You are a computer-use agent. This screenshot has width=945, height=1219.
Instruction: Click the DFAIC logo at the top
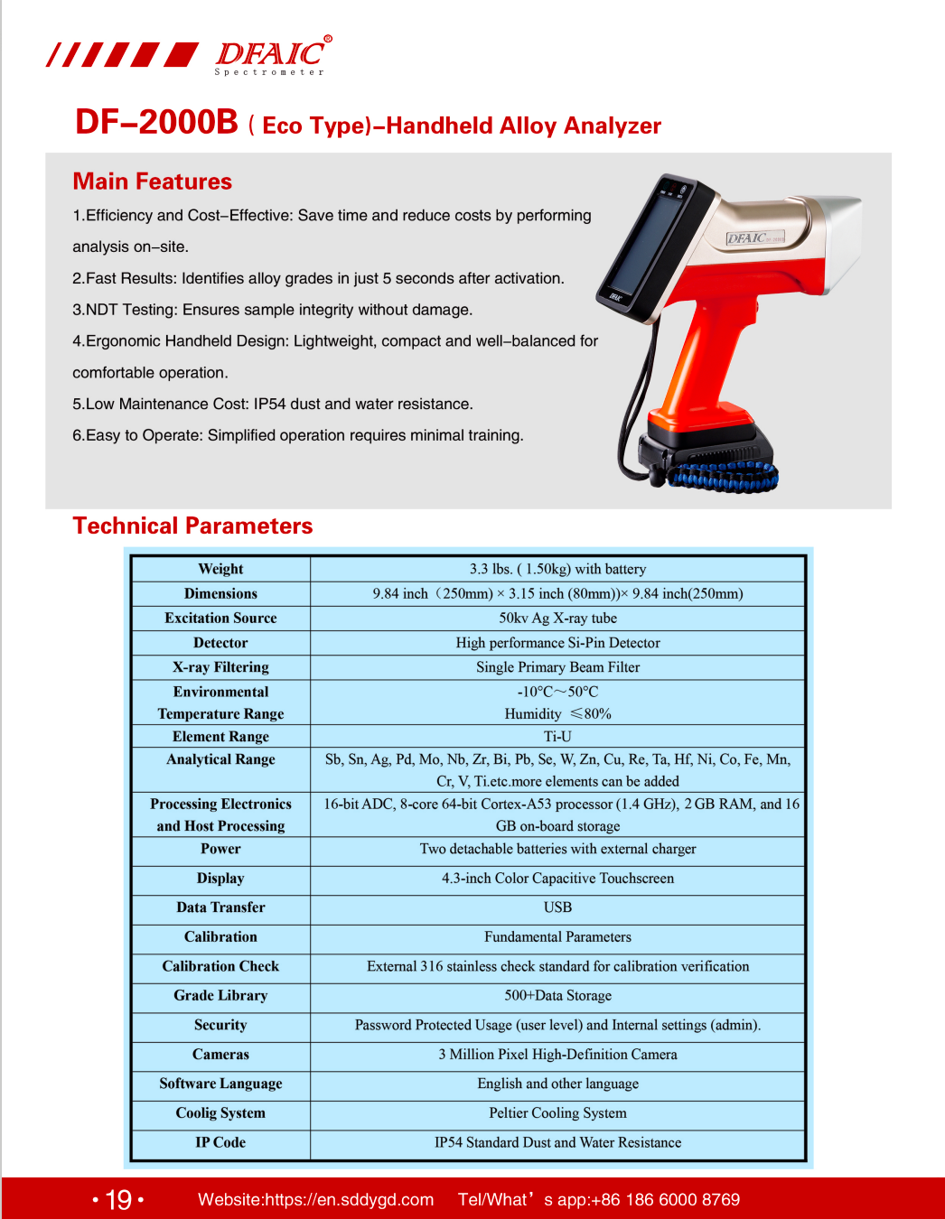271,55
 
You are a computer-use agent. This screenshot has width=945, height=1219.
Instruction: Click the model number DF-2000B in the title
156,123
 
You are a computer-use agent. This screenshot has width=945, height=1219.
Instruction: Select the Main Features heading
153,181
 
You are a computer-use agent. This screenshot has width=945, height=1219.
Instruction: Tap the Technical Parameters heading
192,526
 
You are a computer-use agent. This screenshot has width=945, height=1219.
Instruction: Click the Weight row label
220,569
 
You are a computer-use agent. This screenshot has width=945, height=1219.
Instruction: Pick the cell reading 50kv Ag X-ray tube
557,619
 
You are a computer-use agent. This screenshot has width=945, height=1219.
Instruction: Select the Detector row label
220,643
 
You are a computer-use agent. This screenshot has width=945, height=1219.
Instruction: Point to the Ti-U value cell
557,737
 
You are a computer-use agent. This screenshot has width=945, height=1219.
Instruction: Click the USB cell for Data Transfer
557,907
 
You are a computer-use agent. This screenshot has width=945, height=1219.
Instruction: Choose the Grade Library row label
220,996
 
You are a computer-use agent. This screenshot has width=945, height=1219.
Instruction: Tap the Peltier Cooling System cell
557,1113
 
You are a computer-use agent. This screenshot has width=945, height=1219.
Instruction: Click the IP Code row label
220,1142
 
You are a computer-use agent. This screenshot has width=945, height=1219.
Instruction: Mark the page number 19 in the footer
118,1199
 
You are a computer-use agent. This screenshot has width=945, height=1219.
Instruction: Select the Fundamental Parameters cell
557,937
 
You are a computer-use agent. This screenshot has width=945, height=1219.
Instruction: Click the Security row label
220,1025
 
